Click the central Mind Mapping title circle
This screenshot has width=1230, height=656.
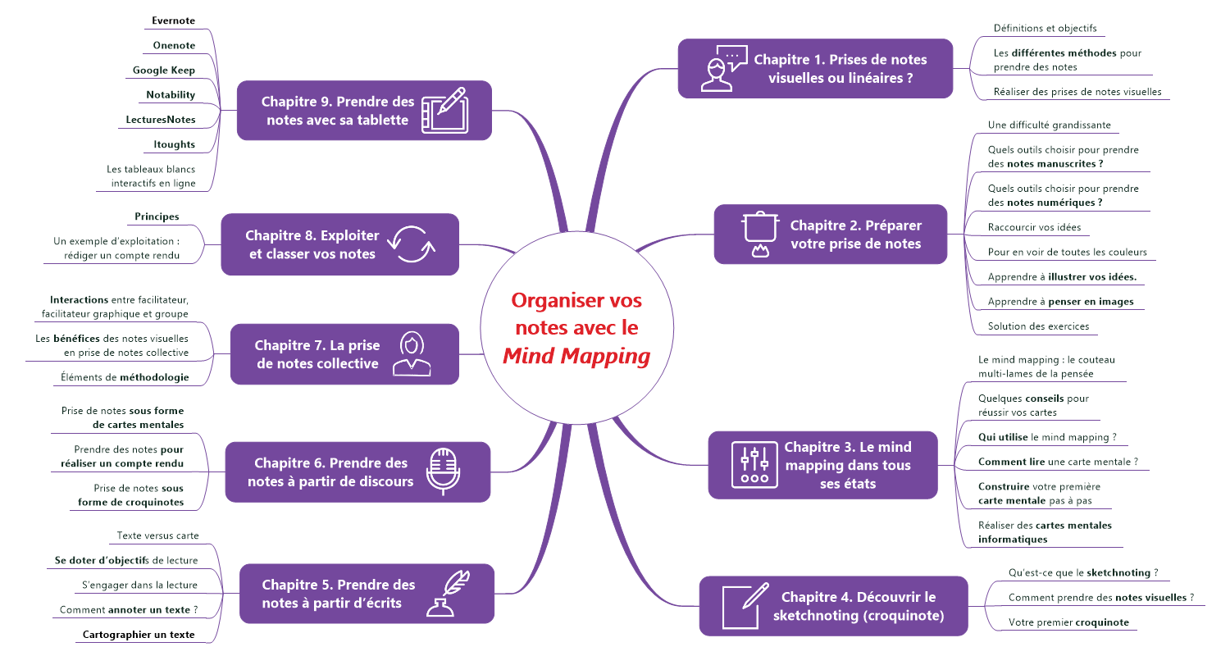[576, 328]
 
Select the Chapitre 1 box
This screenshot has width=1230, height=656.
[815, 69]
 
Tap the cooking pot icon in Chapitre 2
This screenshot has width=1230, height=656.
[759, 234]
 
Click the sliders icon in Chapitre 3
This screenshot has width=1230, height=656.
[754, 464]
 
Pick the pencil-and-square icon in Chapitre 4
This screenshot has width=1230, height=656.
[745, 606]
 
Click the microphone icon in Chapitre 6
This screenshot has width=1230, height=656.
[444, 471]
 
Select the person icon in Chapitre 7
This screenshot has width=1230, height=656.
[412, 353]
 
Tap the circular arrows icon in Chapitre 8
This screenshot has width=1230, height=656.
[412, 244]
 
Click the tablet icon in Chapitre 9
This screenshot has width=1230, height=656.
[444, 111]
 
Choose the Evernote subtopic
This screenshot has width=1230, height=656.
[174, 20]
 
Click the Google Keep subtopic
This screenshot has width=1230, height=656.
[164, 71]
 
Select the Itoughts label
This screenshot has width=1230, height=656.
[174, 144]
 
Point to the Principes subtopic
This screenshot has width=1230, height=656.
[157, 216]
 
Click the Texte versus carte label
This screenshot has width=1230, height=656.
[157, 535]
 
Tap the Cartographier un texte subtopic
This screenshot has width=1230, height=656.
[139, 635]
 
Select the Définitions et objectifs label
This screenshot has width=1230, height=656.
[1045, 28]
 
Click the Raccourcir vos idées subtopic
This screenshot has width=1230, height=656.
[1034, 227]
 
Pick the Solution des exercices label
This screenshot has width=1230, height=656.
[1038, 326]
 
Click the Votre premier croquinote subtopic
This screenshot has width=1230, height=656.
[1068, 622]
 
